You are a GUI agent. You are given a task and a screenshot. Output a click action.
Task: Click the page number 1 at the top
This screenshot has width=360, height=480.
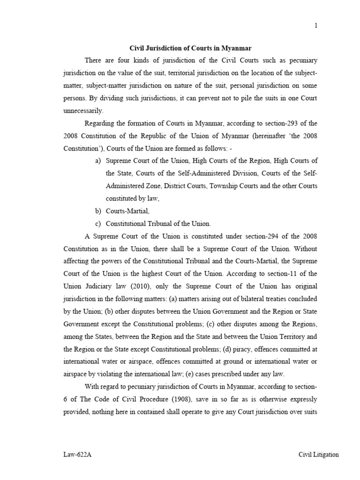click(316, 26)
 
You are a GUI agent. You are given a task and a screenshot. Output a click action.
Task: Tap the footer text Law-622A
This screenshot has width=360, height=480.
click(77, 454)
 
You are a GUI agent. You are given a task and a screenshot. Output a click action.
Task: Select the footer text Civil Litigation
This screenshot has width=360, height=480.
click(319, 454)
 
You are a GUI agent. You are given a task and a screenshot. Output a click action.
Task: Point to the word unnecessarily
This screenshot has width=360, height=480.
click(82, 111)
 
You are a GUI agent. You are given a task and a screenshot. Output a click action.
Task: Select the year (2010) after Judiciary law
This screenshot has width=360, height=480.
click(141, 286)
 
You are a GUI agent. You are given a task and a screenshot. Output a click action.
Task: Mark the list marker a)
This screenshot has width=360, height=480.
click(98, 161)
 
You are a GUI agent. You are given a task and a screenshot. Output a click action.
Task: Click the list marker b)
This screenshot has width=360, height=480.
click(98, 212)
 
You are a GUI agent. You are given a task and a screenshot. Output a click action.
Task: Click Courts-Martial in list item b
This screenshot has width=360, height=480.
click(127, 212)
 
